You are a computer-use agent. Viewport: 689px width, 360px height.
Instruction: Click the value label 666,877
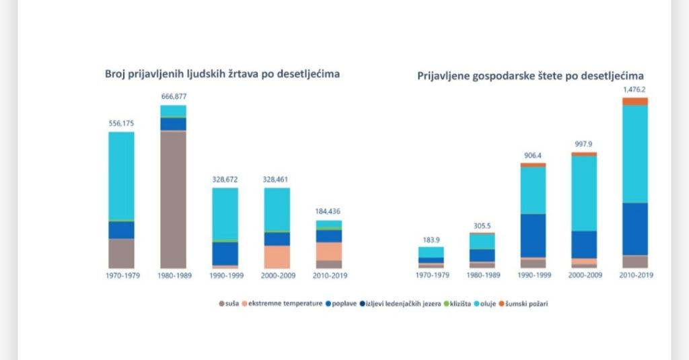(x=173, y=97)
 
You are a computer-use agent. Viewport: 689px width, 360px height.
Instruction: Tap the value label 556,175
(x=122, y=123)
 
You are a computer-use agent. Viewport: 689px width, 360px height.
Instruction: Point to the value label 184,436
(x=328, y=212)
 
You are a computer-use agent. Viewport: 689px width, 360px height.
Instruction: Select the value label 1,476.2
(x=634, y=89)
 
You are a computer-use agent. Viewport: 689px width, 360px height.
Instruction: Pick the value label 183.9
(x=431, y=240)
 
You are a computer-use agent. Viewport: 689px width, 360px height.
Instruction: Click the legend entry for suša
(x=229, y=304)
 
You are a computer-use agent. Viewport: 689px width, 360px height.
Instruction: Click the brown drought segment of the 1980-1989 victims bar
(x=173, y=200)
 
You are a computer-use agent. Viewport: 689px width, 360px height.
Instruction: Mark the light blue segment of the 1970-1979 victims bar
(x=122, y=176)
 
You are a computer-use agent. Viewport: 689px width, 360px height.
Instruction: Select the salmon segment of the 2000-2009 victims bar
(x=277, y=257)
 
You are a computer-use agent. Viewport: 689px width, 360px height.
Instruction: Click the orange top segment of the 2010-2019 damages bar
(x=635, y=102)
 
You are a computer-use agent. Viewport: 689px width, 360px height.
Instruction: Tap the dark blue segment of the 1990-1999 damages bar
(x=533, y=235)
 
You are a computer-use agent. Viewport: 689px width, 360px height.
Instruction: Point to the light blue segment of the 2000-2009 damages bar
(x=584, y=193)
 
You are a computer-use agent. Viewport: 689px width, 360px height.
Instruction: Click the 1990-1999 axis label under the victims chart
(x=225, y=275)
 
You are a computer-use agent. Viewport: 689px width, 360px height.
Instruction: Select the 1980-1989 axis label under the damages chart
(x=482, y=275)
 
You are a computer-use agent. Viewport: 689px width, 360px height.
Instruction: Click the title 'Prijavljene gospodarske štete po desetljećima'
(x=531, y=76)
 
